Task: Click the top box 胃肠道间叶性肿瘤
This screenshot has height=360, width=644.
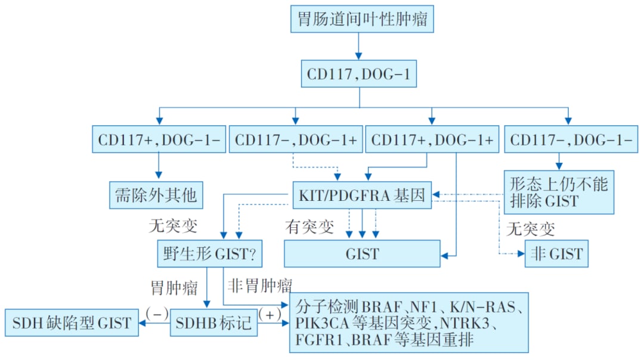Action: click(361, 20)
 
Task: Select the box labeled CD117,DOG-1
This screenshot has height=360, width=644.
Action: click(358, 75)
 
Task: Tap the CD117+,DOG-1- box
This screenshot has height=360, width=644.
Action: click(159, 139)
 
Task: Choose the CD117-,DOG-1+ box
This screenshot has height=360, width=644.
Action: click(296, 139)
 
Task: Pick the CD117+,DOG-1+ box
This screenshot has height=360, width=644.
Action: click(432, 139)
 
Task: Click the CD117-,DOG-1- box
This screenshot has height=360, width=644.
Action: click(569, 139)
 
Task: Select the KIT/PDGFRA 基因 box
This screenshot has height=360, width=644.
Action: click(362, 195)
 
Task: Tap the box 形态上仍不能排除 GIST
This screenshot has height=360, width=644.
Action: click(559, 192)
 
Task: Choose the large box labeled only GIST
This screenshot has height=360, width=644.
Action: click(362, 255)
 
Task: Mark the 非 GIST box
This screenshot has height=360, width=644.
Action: click(556, 255)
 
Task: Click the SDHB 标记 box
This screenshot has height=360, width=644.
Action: click(213, 324)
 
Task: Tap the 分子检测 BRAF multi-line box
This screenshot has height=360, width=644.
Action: click(408, 322)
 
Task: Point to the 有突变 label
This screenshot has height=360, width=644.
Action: click(309, 227)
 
